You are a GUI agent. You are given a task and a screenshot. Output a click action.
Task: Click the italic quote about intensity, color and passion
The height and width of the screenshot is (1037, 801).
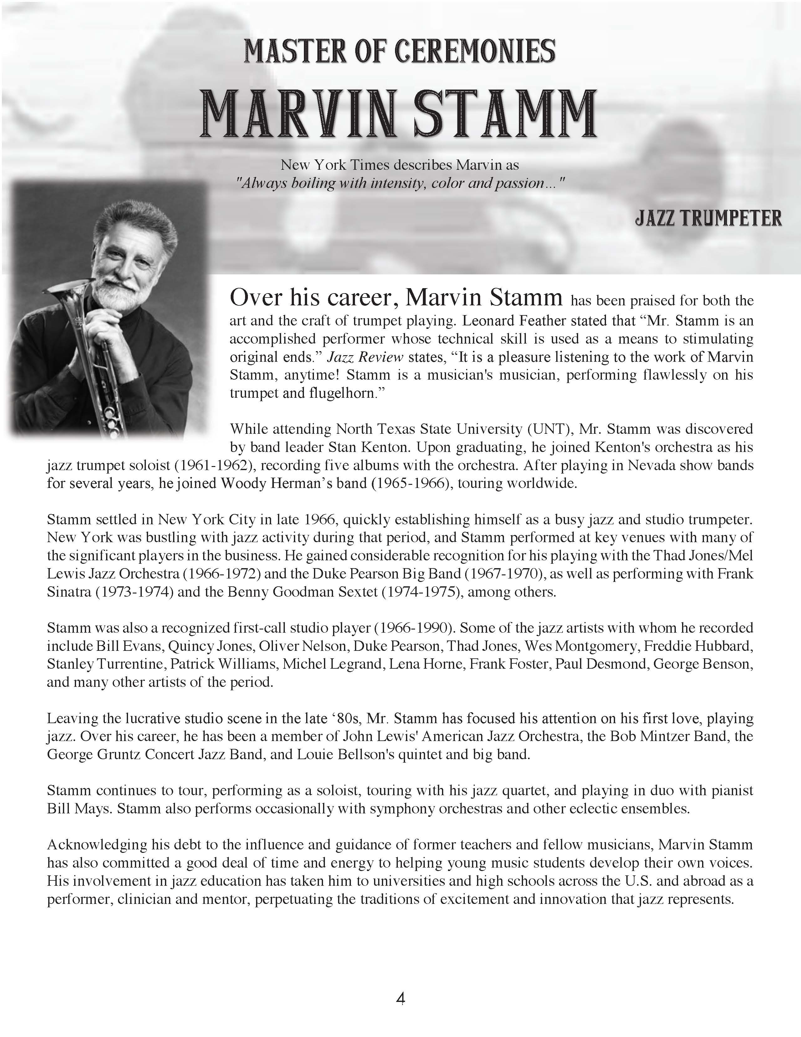pyautogui.click(x=399, y=183)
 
